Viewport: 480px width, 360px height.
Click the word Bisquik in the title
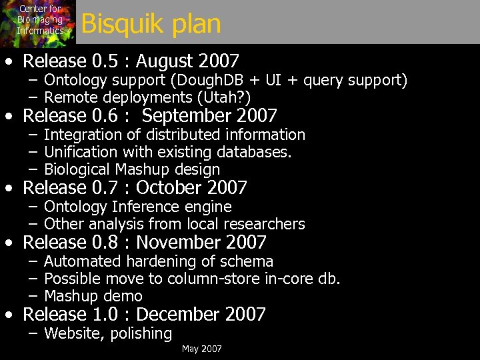click(116, 25)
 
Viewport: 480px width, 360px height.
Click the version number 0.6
click(107, 116)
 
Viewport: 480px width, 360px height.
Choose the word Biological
click(77, 169)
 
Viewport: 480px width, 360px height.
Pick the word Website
click(69, 333)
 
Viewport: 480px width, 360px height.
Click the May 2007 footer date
click(202, 349)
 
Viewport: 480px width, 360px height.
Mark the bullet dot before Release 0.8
click(9, 243)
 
